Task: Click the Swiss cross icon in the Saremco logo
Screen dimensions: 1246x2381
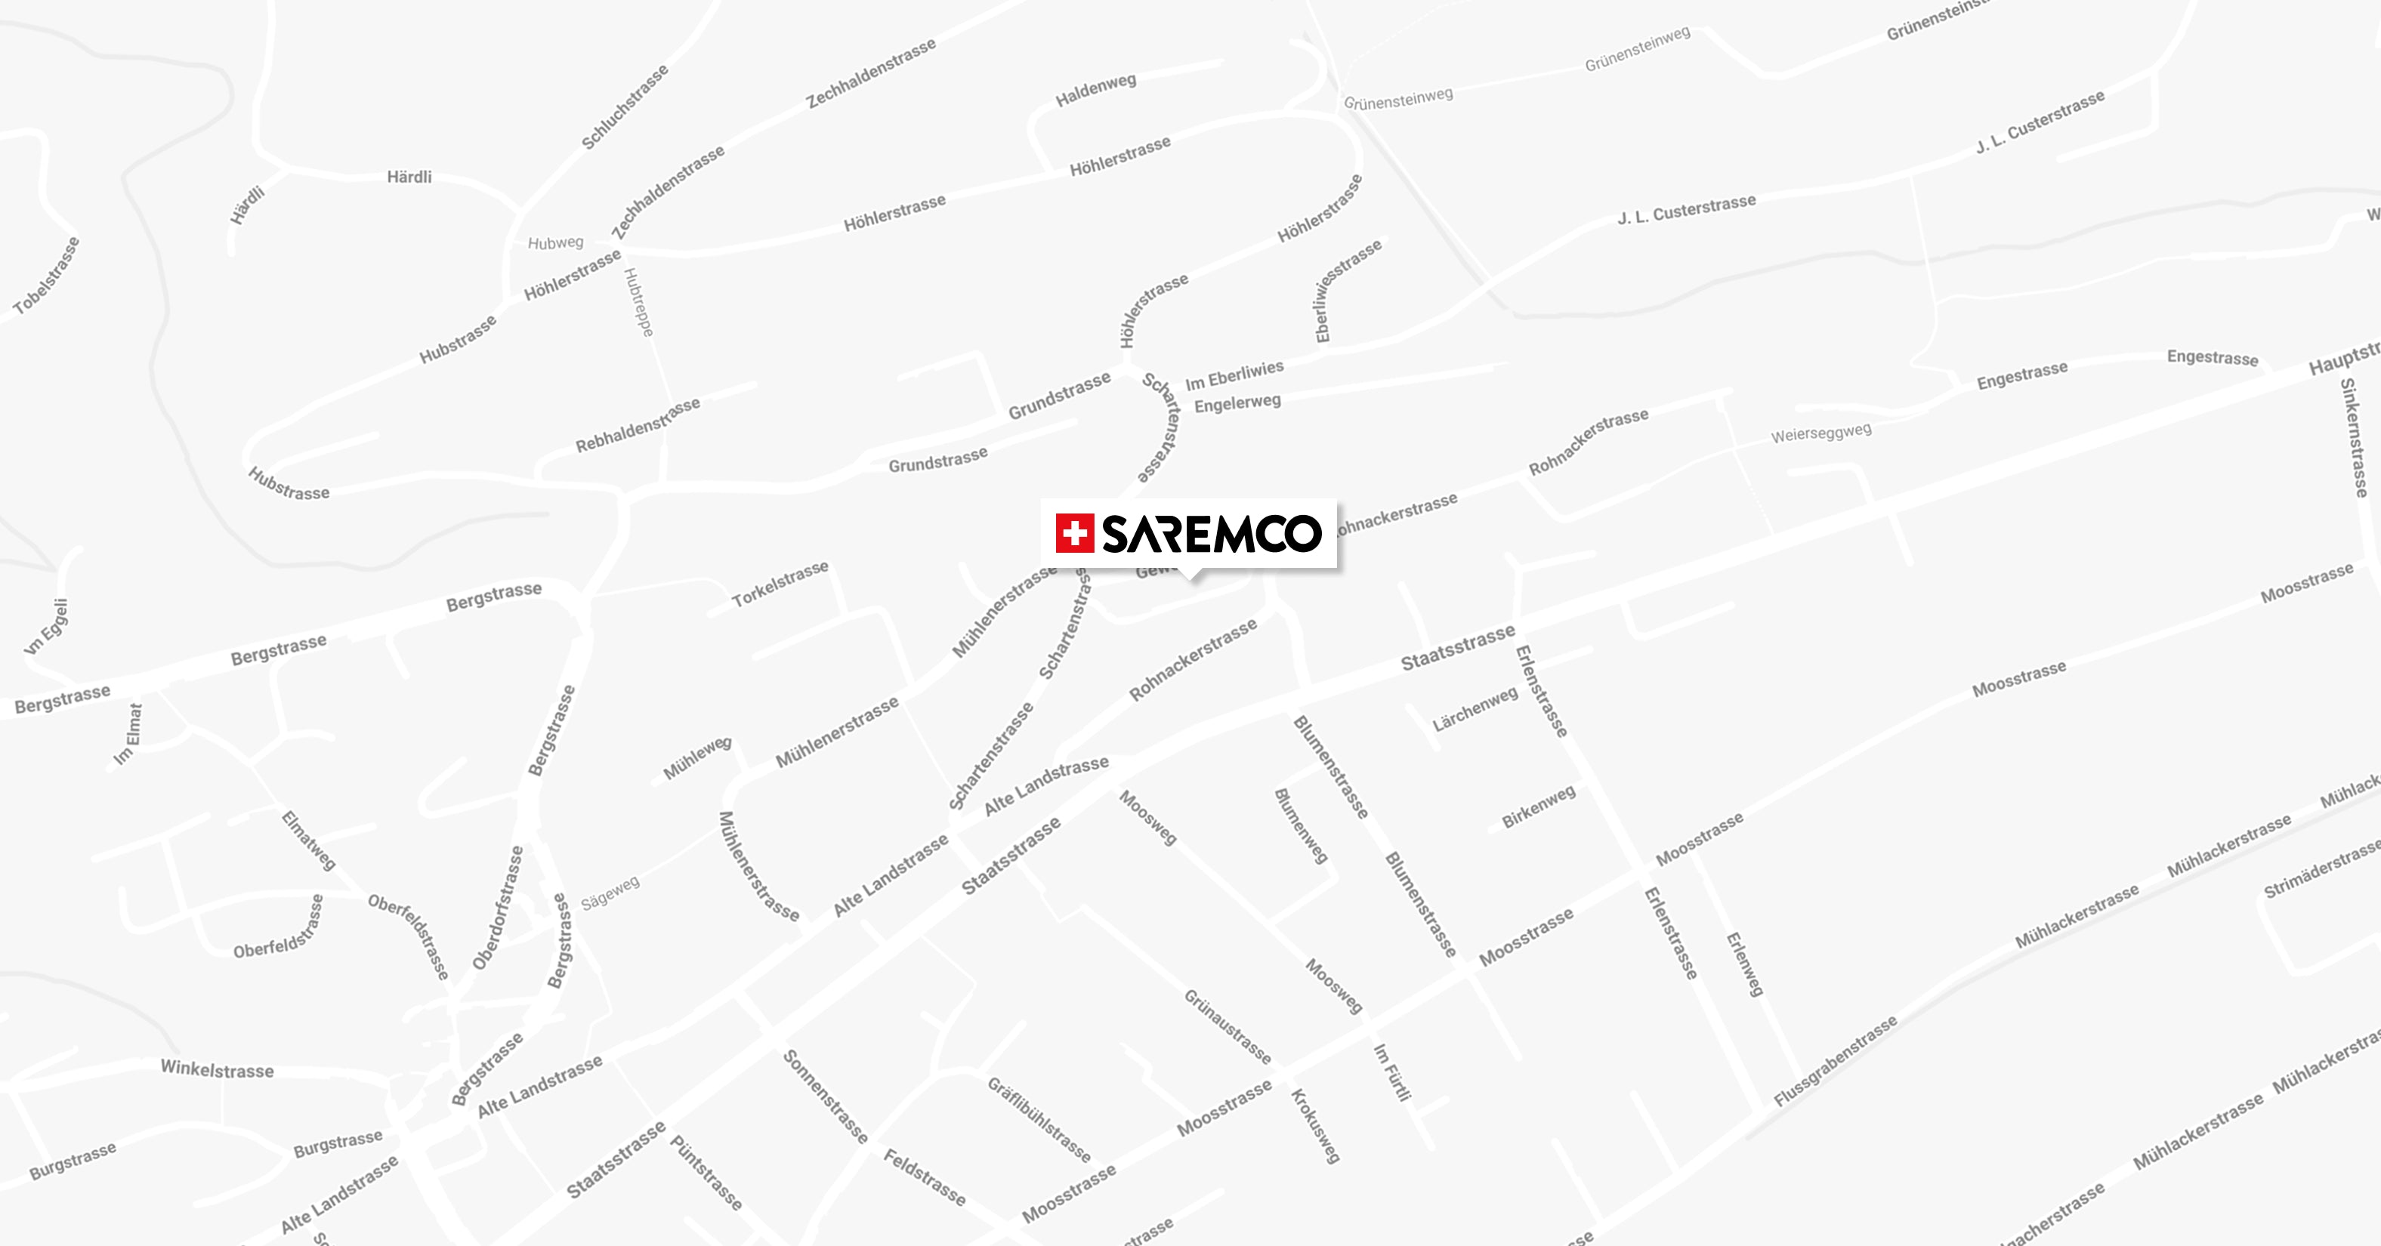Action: [1074, 533]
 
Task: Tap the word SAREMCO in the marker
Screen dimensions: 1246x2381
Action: [1212, 533]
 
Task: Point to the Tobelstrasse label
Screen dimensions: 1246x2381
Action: [46, 276]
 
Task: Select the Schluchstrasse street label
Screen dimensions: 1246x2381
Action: [624, 107]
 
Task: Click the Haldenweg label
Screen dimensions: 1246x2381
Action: [1095, 89]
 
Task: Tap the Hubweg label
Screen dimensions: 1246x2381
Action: [555, 243]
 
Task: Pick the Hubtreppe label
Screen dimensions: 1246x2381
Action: [639, 302]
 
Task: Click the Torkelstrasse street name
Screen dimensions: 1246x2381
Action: [780, 584]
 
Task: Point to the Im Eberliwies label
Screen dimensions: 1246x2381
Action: [1234, 375]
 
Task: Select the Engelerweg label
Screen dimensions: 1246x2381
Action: [1237, 404]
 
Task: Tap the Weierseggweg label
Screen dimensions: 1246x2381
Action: [1820, 433]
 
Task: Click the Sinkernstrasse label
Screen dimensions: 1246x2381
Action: [2353, 438]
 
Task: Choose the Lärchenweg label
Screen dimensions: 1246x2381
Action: [1475, 710]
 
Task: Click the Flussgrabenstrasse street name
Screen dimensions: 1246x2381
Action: [1835, 1061]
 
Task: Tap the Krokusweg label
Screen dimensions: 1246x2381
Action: [1314, 1126]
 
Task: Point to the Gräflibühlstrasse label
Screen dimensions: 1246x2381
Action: [1039, 1119]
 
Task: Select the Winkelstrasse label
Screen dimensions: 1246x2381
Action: [218, 1069]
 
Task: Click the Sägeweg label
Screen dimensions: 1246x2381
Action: [610, 893]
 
